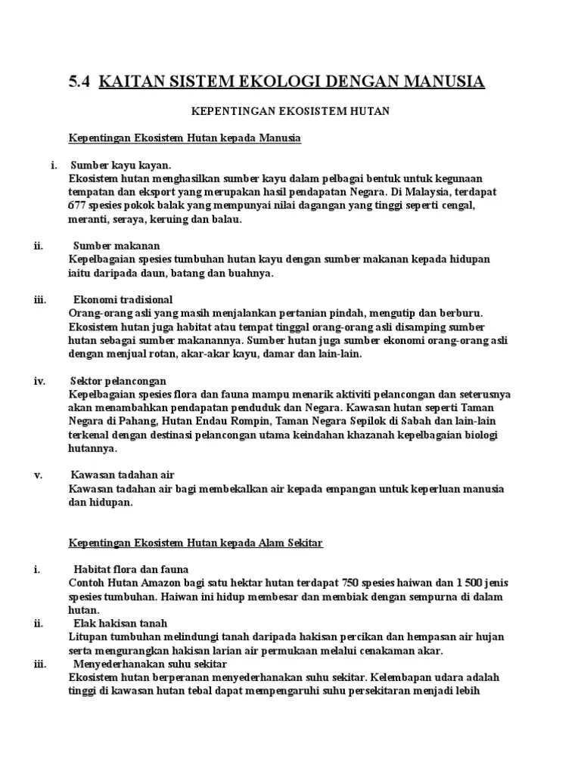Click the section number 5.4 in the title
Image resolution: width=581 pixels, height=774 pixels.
[x=79, y=81]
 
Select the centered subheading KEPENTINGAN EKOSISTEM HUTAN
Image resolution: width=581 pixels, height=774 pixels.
[x=289, y=111]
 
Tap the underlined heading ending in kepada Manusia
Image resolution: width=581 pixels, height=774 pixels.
[x=185, y=138]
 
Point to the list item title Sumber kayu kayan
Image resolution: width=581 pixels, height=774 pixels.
[x=121, y=166]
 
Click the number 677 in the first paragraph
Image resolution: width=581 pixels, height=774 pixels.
[x=79, y=206]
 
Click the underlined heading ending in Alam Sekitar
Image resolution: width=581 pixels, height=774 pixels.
[x=196, y=543]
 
